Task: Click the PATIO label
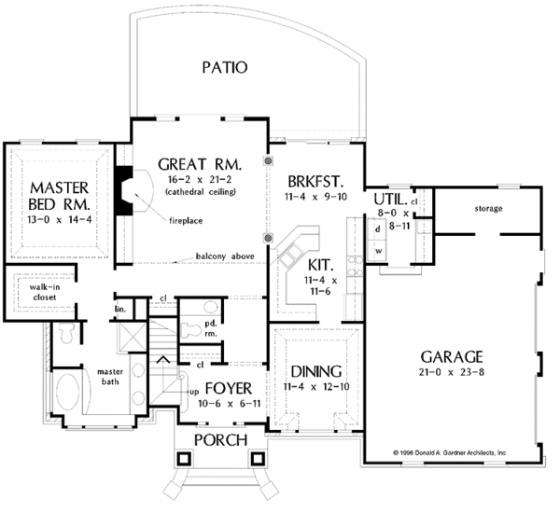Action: tap(225, 67)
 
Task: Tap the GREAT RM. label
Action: tap(200, 164)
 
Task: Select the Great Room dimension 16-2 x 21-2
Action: tap(201, 179)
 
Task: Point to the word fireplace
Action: tap(186, 221)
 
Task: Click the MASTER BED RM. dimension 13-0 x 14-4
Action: tap(60, 219)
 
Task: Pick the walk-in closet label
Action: tap(45, 292)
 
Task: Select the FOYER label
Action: tap(229, 388)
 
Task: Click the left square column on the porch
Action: tap(184, 459)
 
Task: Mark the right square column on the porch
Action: tap(258, 459)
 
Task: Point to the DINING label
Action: tap(316, 372)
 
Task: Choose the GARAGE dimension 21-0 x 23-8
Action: tap(452, 372)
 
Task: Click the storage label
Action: tap(488, 208)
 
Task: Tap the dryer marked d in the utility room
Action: tap(377, 229)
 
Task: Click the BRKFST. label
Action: tap(315, 182)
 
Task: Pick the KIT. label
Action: tap(321, 265)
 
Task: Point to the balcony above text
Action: tap(225, 256)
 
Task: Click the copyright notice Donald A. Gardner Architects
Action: tap(450, 452)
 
